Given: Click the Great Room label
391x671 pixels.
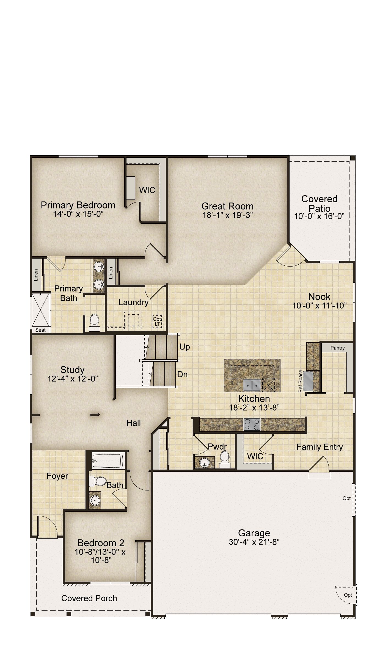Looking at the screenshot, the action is (x=227, y=206).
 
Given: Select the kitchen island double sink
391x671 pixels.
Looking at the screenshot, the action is (x=252, y=386).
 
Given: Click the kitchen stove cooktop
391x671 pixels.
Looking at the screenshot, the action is (x=252, y=424).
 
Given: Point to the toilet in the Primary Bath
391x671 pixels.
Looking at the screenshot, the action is (x=94, y=323).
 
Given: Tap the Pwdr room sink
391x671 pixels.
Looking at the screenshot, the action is (x=204, y=462).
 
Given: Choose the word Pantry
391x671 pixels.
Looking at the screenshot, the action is (x=337, y=348).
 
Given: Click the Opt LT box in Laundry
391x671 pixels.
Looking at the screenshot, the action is (x=157, y=321).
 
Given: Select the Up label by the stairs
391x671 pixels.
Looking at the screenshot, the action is (x=185, y=347).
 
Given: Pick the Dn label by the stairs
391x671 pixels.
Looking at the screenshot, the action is (x=183, y=374).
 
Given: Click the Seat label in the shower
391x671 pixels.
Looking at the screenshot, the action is (x=40, y=330).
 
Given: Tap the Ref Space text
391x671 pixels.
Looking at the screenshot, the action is (x=301, y=381).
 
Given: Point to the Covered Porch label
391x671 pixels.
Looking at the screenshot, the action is (x=89, y=598).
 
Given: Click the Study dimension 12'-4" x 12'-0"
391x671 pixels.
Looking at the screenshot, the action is (x=73, y=379).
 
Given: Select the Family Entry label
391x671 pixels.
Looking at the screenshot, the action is (x=320, y=447).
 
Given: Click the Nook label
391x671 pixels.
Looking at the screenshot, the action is (x=319, y=296).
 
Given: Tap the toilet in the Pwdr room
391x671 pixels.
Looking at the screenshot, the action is (x=224, y=459).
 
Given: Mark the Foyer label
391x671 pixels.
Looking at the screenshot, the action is (x=57, y=476).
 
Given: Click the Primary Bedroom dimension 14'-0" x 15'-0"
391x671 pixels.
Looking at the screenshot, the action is (x=78, y=214).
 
